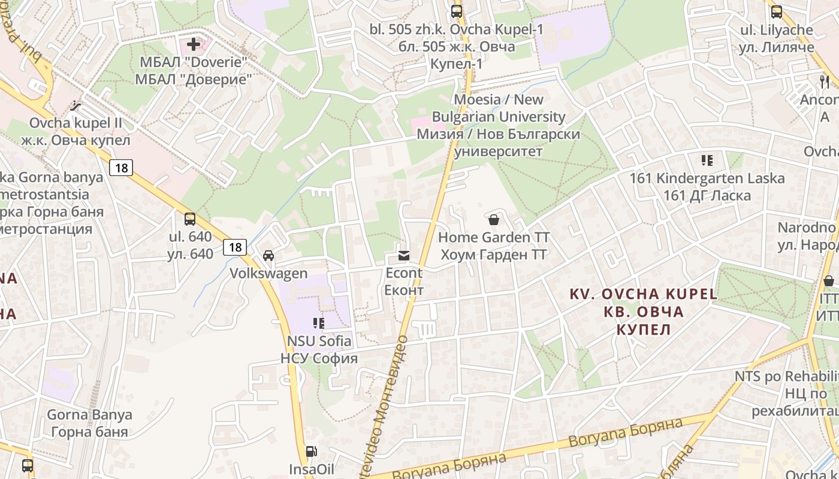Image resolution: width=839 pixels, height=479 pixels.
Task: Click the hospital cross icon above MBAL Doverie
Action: click(x=194, y=44)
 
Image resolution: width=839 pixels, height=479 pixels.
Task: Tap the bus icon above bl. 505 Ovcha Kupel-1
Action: click(x=457, y=11)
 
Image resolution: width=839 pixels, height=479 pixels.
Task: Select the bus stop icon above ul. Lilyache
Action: click(x=777, y=11)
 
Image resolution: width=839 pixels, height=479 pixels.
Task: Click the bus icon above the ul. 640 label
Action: click(x=190, y=219)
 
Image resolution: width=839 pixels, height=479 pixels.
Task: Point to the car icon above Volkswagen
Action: click(x=268, y=256)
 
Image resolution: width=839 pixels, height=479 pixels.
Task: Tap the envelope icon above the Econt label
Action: click(x=403, y=256)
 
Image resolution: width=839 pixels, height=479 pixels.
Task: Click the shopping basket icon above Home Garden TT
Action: click(x=494, y=220)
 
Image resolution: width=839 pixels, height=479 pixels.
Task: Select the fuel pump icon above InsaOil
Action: click(x=311, y=451)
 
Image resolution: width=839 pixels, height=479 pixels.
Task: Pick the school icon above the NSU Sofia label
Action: click(x=319, y=323)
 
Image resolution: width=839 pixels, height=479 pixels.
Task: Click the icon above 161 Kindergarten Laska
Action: click(x=707, y=160)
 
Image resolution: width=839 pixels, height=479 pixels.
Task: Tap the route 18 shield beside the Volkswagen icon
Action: click(x=235, y=247)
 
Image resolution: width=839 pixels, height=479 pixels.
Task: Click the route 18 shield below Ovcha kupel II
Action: click(x=121, y=168)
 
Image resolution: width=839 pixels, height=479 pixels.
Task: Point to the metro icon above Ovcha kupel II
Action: click(x=76, y=106)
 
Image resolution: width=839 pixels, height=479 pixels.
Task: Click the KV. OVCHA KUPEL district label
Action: click(x=642, y=294)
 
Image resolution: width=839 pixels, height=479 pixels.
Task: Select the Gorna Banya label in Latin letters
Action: click(x=89, y=414)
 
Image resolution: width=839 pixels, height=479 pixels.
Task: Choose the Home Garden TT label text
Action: click(x=494, y=238)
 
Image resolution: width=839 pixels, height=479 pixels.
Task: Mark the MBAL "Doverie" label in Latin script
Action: click(x=193, y=62)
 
